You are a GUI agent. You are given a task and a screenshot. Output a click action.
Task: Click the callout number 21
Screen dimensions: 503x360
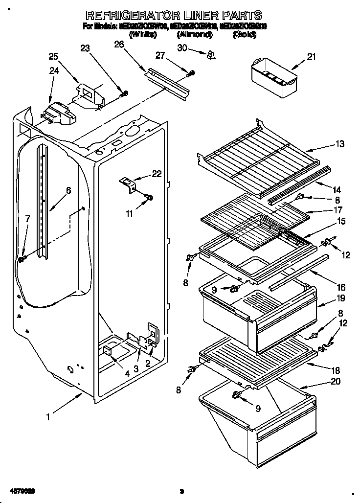click(x=311, y=57)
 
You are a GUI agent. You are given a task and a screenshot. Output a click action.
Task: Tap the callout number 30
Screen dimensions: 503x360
click(x=182, y=47)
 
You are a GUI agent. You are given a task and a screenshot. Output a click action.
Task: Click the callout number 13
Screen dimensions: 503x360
click(x=340, y=144)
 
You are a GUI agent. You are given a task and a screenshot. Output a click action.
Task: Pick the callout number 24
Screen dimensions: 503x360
click(x=54, y=71)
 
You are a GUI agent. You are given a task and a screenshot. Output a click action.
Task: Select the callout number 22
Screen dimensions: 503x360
click(x=156, y=174)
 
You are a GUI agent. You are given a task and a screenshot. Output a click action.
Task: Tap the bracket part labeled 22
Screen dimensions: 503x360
click(x=128, y=184)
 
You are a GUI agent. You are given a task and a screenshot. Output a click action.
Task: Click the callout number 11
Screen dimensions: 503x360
click(x=129, y=213)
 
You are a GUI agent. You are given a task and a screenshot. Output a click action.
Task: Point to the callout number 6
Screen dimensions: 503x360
click(x=68, y=191)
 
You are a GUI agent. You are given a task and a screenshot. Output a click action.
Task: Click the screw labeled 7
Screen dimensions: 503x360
click(x=21, y=258)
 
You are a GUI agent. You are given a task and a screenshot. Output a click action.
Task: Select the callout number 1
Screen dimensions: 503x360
click(x=48, y=417)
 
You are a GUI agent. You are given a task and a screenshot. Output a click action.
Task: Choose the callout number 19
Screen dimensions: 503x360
click(x=340, y=297)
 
